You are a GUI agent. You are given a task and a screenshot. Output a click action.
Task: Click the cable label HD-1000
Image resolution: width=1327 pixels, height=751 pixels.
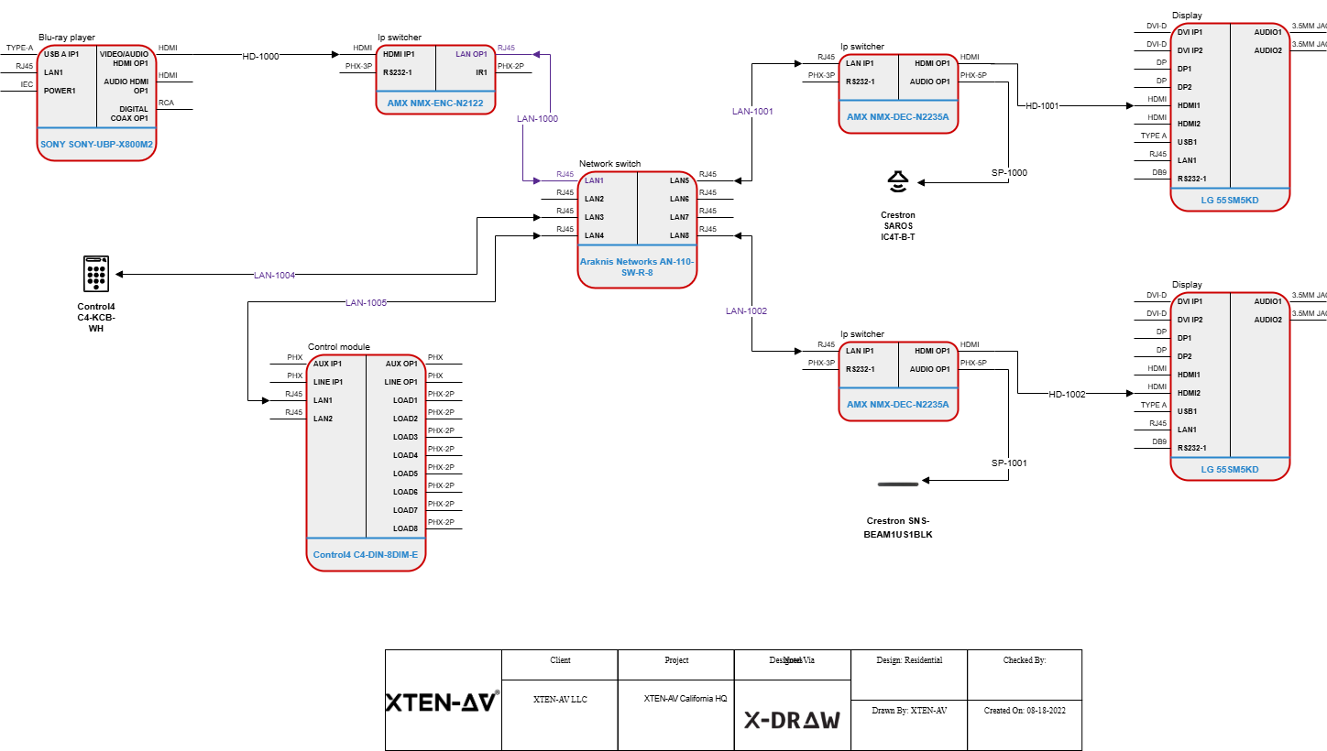(260, 56)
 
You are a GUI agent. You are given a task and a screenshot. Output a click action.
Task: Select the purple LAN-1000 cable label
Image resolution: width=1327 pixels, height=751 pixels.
(537, 118)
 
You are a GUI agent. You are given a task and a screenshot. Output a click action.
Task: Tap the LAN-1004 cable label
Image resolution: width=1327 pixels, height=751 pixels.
(274, 275)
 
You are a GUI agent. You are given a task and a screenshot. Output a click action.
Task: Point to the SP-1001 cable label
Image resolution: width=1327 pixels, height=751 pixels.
(1009, 463)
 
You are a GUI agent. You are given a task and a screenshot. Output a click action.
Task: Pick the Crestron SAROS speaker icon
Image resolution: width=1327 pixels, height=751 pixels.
(897, 182)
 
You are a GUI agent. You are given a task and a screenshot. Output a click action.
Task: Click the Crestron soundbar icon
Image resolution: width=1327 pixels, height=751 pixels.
(898, 483)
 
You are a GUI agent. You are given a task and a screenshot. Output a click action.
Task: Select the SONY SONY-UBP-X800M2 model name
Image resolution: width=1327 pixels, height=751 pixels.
(96, 145)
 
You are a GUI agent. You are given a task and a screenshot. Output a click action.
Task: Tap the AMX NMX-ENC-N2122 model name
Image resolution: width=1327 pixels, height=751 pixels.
(435, 103)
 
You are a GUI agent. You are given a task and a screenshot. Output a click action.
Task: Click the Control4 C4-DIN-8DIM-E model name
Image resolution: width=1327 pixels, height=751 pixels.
(366, 555)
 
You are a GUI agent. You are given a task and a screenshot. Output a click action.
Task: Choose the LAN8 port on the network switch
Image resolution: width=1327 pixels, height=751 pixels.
(679, 235)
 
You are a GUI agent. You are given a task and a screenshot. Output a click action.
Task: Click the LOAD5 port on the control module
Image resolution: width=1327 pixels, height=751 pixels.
(405, 473)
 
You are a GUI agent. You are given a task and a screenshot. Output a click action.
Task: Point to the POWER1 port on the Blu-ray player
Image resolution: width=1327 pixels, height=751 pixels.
(60, 91)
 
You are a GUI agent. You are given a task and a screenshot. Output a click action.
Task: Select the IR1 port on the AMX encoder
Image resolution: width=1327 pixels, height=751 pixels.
(481, 72)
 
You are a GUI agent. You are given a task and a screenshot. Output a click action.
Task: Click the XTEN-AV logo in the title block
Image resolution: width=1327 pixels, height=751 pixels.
(443, 702)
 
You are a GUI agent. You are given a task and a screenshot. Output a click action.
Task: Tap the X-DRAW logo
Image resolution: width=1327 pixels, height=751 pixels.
(792, 720)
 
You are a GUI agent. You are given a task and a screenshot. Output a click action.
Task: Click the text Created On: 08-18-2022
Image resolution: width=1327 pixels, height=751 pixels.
(1025, 710)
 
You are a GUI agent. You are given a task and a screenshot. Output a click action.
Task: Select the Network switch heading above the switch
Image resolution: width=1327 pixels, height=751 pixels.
(609, 164)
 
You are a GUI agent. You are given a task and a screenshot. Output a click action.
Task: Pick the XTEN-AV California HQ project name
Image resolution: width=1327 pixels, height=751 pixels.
(685, 698)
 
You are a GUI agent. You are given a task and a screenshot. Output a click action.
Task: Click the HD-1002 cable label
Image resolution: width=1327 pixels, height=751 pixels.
(1067, 394)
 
